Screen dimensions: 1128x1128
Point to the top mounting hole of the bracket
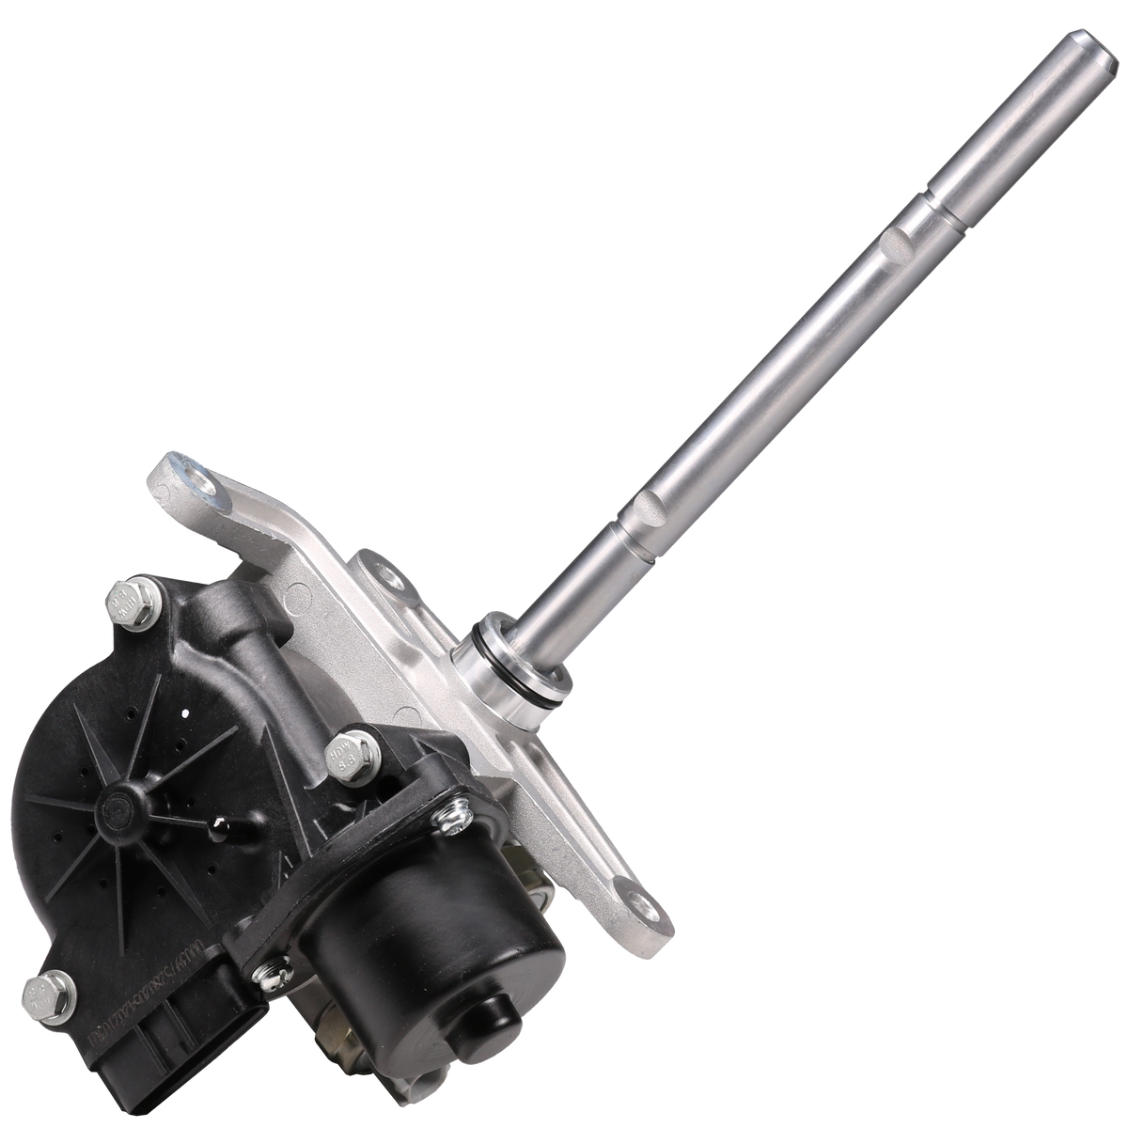[x=195, y=466]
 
